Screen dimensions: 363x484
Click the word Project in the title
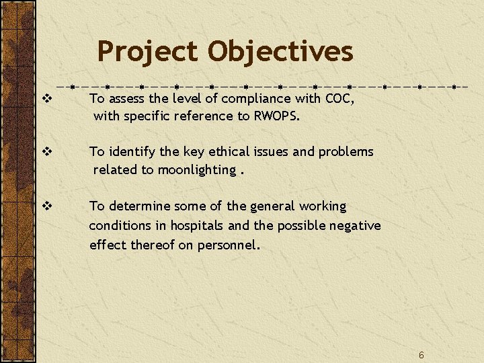(x=148, y=52)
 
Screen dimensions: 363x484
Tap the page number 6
(x=421, y=355)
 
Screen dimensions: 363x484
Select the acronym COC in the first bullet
(x=339, y=99)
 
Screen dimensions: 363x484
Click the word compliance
(x=256, y=99)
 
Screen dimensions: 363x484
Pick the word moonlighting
(x=196, y=170)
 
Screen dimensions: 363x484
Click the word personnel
(x=226, y=245)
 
